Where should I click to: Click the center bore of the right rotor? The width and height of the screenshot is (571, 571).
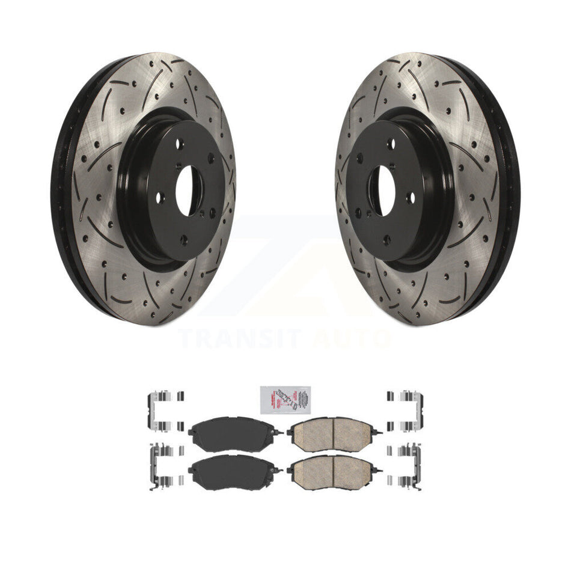coord(380,190)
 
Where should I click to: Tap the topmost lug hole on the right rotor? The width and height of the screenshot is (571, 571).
coord(392,144)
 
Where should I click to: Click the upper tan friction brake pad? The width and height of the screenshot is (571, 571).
coord(332,432)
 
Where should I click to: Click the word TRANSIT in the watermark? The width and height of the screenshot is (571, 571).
coord(240,338)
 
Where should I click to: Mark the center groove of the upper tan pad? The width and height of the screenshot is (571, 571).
coord(332,432)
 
